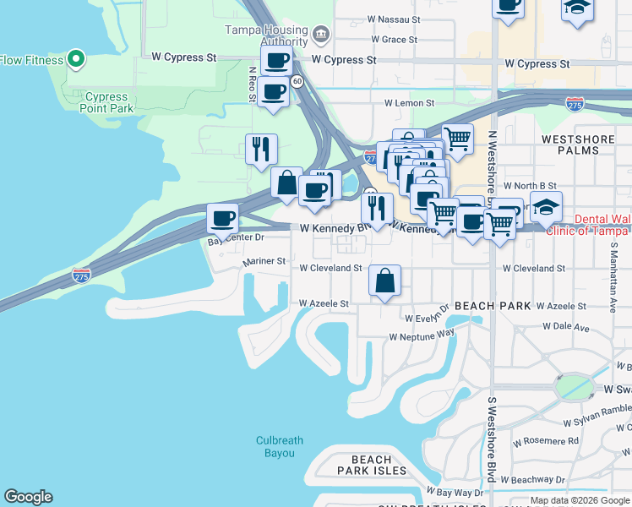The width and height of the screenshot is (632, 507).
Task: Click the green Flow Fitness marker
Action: click(x=76, y=60)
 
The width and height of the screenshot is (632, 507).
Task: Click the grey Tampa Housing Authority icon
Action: click(x=320, y=35)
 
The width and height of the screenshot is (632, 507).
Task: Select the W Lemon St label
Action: click(x=409, y=103)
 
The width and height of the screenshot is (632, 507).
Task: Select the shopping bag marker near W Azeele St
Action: click(x=384, y=281)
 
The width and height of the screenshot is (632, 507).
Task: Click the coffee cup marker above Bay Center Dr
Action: click(x=222, y=219)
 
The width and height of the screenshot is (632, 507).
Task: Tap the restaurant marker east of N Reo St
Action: click(x=261, y=150)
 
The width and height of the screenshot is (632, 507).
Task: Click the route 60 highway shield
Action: click(x=297, y=81)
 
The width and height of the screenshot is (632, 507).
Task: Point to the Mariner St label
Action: click(x=264, y=262)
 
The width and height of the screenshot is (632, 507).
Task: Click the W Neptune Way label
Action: click(x=422, y=335)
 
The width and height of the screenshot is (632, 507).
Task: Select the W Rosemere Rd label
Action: click(x=549, y=441)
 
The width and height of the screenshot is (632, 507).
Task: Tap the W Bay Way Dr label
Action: click(x=455, y=492)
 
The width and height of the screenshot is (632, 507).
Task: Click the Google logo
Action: click(x=28, y=497)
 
